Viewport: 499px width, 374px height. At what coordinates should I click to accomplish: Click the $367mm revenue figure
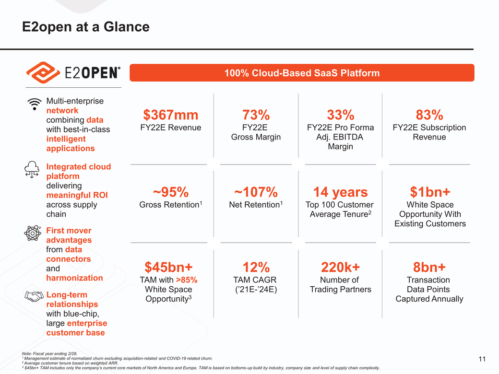(170, 115)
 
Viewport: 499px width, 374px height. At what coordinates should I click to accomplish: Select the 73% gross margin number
(256, 115)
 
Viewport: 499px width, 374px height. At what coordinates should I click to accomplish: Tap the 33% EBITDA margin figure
(340, 115)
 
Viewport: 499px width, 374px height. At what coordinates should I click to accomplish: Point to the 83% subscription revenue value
(429, 115)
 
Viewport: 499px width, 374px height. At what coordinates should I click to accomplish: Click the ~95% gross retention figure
(170, 192)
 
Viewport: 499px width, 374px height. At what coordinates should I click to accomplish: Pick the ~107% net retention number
(256, 192)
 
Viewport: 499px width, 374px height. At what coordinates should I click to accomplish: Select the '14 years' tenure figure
(340, 192)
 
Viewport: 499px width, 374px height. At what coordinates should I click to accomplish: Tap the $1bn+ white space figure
(429, 192)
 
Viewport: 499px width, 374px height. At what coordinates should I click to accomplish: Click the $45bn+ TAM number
(168, 267)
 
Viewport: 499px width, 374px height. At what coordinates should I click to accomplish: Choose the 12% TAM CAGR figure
(256, 267)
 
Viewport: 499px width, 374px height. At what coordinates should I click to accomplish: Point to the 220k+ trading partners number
(340, 267)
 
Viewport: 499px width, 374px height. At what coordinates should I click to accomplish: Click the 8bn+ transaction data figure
(429, 267)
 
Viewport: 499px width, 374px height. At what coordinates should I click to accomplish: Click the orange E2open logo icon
(42, 72)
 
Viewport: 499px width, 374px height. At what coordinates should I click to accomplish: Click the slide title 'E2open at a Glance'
(86, 27)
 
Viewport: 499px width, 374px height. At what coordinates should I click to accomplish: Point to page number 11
(482, 359)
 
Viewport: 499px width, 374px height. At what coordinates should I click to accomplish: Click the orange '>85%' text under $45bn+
(187, 280)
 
